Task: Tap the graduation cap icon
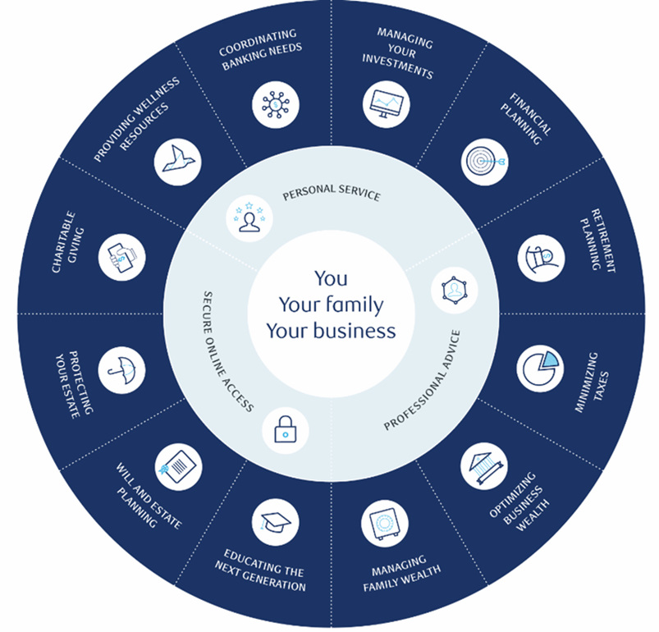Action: tap(275, 521)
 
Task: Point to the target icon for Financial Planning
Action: tap(483, 161)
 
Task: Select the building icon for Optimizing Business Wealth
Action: tap(483, 466)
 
